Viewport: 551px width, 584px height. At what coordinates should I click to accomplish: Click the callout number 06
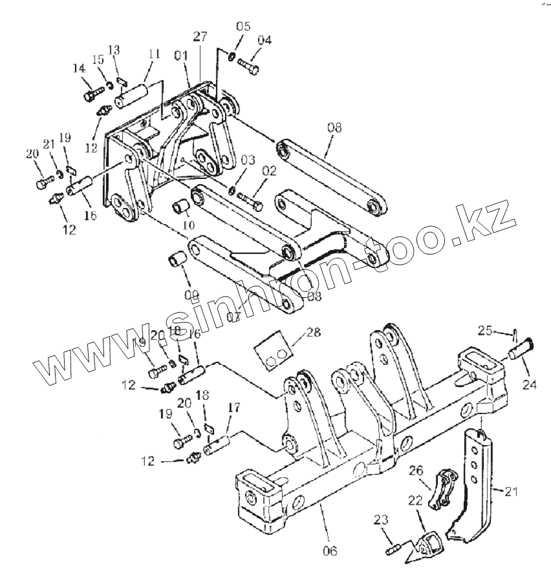[329, 551]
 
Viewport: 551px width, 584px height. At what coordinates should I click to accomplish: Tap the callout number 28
[313, 333]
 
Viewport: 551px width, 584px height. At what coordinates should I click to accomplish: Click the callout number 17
[233, 408]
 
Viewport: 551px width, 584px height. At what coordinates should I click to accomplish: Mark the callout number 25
[485, 331]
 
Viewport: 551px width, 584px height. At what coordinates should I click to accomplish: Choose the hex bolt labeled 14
[92, 96]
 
